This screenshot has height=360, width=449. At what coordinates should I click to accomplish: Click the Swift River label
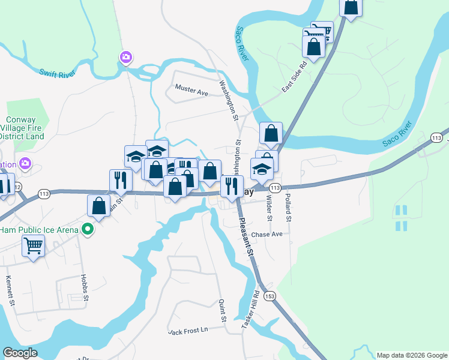(59, 73)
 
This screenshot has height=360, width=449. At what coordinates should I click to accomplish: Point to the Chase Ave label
(267, 235)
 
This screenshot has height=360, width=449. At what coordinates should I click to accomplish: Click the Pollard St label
(288, 208)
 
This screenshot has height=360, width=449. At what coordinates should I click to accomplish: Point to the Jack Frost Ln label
(188, 331)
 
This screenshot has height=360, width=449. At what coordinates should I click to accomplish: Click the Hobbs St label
(85, 289)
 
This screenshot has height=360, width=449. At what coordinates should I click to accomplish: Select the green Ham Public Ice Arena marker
(88, 229)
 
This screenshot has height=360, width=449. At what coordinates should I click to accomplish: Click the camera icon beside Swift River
(125, 58)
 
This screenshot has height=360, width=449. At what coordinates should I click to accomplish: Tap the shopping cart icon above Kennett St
(33, 245)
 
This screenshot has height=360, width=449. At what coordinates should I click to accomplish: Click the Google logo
(20, 353)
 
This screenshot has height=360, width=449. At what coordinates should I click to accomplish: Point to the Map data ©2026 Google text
(411, 355)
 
